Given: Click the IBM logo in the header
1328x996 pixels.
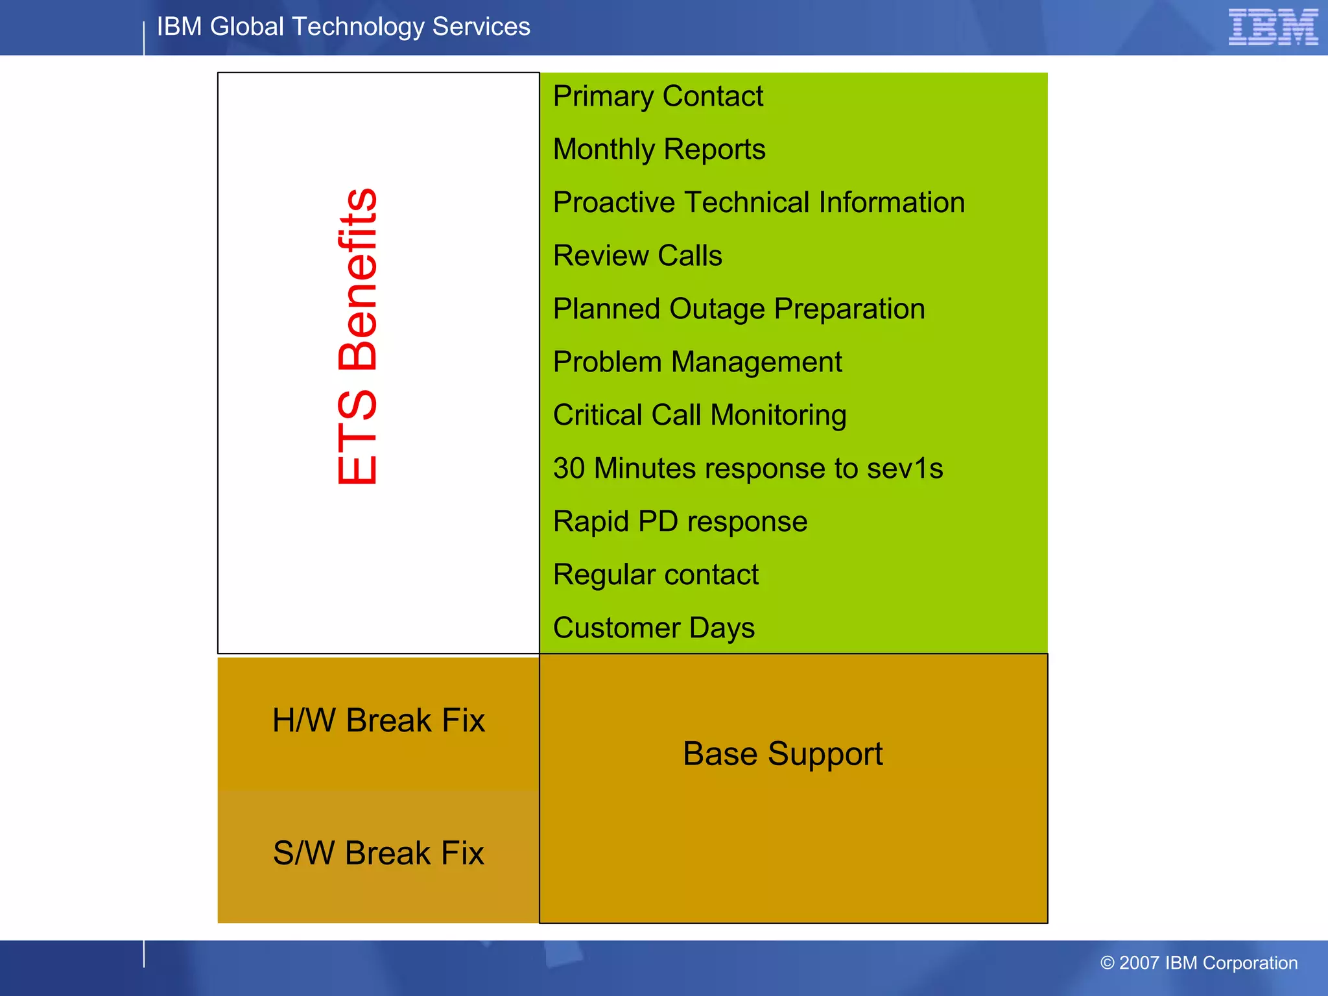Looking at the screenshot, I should click(1273, 27).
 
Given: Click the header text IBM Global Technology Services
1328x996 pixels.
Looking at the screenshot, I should click(343, 27).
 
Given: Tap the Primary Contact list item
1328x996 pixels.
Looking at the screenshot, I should click(658, 97).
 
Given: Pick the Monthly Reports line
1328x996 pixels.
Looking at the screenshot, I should click(659, 150).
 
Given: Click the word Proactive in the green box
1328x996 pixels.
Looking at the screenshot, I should click(613, 203).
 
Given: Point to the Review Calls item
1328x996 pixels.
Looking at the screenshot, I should click(637, 256).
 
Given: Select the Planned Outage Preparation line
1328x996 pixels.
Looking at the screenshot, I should click(739, 309).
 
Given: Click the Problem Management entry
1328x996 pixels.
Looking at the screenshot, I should click(697, 362).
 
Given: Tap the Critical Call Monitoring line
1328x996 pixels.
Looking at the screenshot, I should click(699, 416).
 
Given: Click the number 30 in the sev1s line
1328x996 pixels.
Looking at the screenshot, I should click(569, 469).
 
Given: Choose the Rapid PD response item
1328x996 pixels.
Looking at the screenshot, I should click(680, 522).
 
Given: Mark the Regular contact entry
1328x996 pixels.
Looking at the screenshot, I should click(656, 575).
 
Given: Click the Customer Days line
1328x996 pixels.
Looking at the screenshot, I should click(654, 628).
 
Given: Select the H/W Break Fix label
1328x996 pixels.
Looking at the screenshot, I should click(378, 721).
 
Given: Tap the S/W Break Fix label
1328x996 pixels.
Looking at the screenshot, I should click(378, 853).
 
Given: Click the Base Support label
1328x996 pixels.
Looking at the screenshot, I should click(783, 754).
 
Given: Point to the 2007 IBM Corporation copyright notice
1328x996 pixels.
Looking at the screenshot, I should click(1198, 963).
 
